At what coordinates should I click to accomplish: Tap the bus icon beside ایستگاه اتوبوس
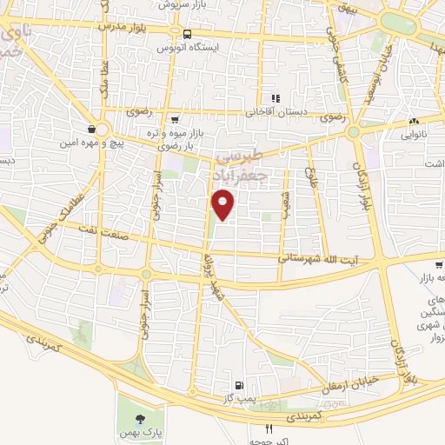186,34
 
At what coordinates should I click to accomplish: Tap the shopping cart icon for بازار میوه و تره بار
175,119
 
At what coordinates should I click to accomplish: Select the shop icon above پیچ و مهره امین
92,129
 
